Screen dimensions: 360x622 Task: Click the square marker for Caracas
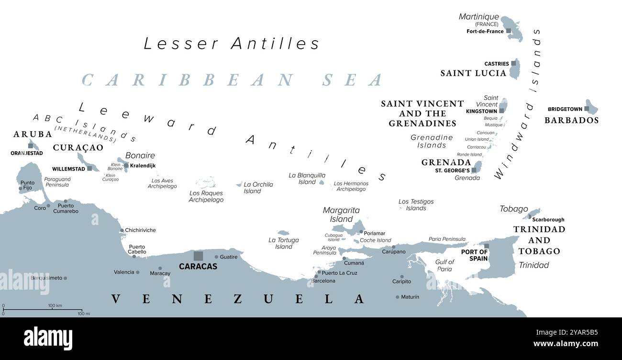pyautogui.click(x=198, y=256)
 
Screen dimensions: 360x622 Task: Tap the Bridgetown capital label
pyautogui.click(x=565, y=109)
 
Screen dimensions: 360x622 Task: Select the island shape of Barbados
pyautogui.click(x=592, y=107)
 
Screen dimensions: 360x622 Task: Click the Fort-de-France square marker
pyautogui.click(x=509, y=31)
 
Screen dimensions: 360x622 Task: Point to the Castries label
pyautogui.click(x=496, y=64)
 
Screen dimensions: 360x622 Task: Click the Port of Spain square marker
pyautogui.click(x=487, y=246)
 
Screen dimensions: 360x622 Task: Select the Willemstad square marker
pyautogui.click(x=89, y=169)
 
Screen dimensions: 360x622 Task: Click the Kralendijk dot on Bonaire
pyautogui.click(x=126, y=166)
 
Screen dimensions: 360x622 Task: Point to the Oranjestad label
pyautogui.click(x=27, y=153)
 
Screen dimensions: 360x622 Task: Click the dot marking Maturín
pyautogui.click(x=397, y=297)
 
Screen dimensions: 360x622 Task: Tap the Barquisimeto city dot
pyautogui.click(x=66, y=278)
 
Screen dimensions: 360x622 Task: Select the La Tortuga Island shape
pyautogui.click(x=283, y=233)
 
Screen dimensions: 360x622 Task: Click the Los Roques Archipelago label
pyautogui.click(x=206, y=196)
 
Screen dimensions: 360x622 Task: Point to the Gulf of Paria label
pyautogui.click(x=444, y=265)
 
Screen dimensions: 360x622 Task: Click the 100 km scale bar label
pyautogui.click(x=56, y=305)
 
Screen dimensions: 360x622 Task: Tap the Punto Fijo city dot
pyautogui.click(x=20, y=189)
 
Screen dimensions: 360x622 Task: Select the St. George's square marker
pyautogui.click(x=474, y=170)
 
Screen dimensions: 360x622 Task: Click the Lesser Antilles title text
pyautogui.click(x=232, y=44)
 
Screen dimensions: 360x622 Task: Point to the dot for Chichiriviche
pyautogui.click(x=122, y=230)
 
